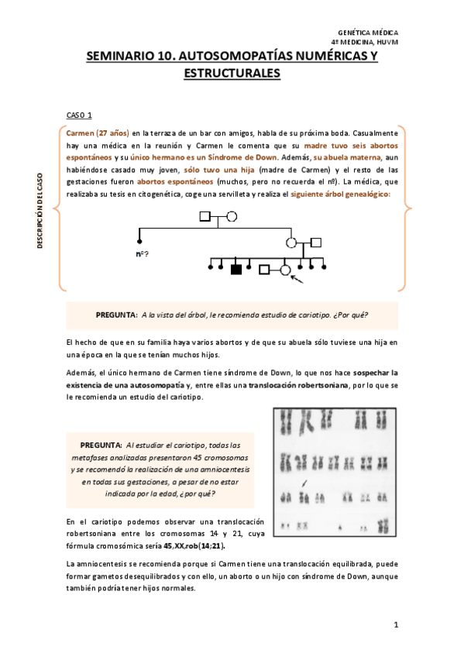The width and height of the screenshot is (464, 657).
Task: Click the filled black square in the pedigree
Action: (x=236, y=269)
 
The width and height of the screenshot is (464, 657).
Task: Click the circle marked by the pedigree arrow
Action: (x=284, y=270)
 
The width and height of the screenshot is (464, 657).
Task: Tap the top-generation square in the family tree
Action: (x=205, y=216)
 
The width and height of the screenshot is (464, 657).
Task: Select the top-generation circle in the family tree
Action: (x=231, y=216)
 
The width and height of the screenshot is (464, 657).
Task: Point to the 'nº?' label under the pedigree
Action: (x=142, y=253)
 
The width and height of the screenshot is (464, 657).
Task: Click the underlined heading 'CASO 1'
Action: (x=80, y=115)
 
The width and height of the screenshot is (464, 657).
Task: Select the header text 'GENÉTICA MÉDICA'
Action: (x=369, y=33)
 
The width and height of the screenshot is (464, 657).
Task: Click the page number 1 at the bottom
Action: (x=395, y=624)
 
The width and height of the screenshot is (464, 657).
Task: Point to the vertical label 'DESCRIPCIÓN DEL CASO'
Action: (x=40, y=208)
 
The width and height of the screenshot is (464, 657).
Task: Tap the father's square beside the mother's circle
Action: (x=315, y=242)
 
